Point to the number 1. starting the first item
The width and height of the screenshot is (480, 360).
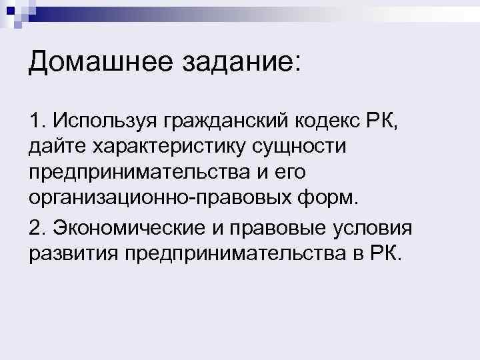38,121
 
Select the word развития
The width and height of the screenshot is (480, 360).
71,253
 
